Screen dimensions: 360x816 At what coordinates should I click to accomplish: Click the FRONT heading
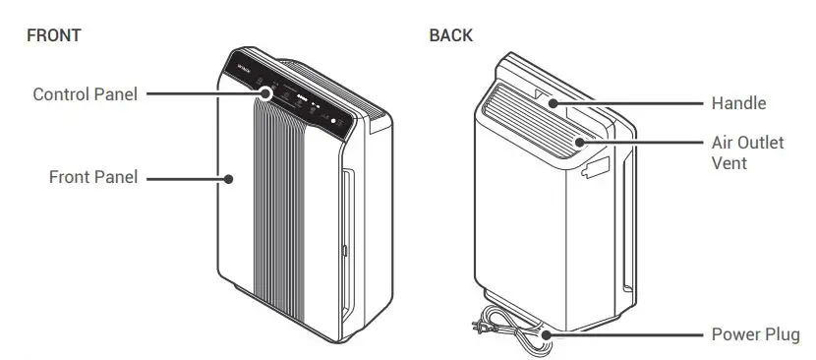[53, 35]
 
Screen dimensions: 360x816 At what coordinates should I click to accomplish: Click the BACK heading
[451, 35]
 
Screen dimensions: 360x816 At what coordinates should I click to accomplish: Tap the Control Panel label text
[85, 94]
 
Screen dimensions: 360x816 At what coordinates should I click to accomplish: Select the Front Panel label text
[93, 178]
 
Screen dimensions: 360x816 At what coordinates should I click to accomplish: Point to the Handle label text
[738, 102]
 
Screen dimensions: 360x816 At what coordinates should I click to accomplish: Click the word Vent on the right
[729, 162]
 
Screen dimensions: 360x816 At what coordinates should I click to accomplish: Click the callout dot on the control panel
[267, 94]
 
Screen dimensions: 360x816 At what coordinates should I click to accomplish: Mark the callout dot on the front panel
[228, 178]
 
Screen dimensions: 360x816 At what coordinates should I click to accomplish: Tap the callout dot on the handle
[554, 102]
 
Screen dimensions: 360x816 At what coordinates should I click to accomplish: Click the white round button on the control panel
[333, 125]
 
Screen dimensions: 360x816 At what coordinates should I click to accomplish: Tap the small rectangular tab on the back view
[596, 168]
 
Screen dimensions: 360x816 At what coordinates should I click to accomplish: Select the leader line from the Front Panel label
[187, 178]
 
